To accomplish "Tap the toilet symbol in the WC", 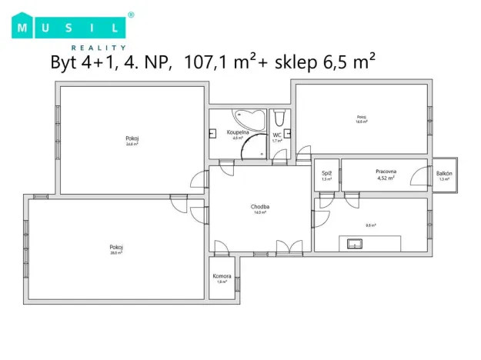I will [279, 118].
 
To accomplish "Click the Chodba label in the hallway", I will [259, 208].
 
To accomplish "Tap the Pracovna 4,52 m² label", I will [385, 174].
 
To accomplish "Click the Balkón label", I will [444, 175].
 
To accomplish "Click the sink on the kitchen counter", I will [355, 244].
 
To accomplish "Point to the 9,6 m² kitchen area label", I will [370, 225].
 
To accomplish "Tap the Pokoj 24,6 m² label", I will [132, 141].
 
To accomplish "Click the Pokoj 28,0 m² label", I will [116, 249].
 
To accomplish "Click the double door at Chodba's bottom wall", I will [289, 248].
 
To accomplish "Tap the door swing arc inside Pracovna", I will [419, 177].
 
